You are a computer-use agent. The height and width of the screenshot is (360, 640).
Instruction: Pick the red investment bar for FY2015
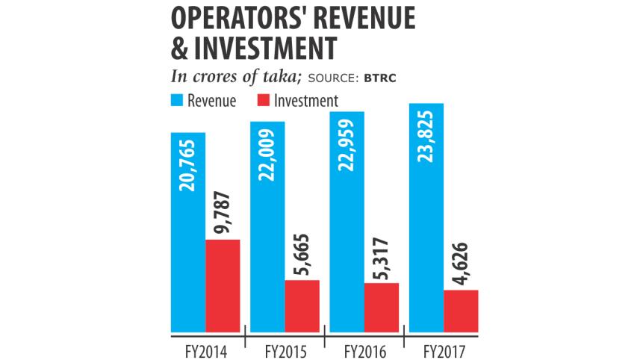[302, 305]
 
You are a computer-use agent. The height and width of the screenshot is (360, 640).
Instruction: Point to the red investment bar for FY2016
[382, 307]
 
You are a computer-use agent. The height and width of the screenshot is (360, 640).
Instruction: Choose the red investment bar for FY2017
[461, 310]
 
